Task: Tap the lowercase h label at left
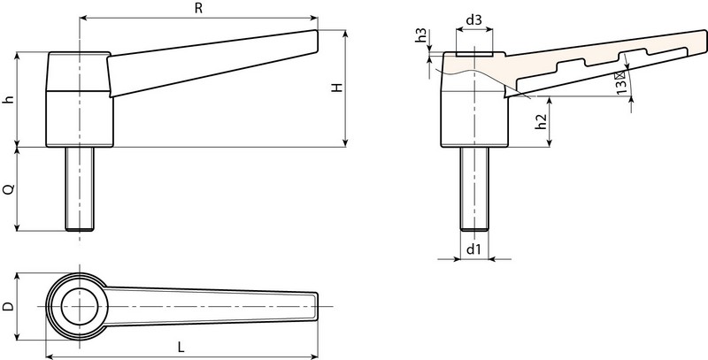tap(8, 99)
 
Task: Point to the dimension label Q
tap(8, 189)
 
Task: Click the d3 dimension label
tap(473, 19)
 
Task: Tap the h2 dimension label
tap(540, 121)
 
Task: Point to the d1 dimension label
tap(473, 250)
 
